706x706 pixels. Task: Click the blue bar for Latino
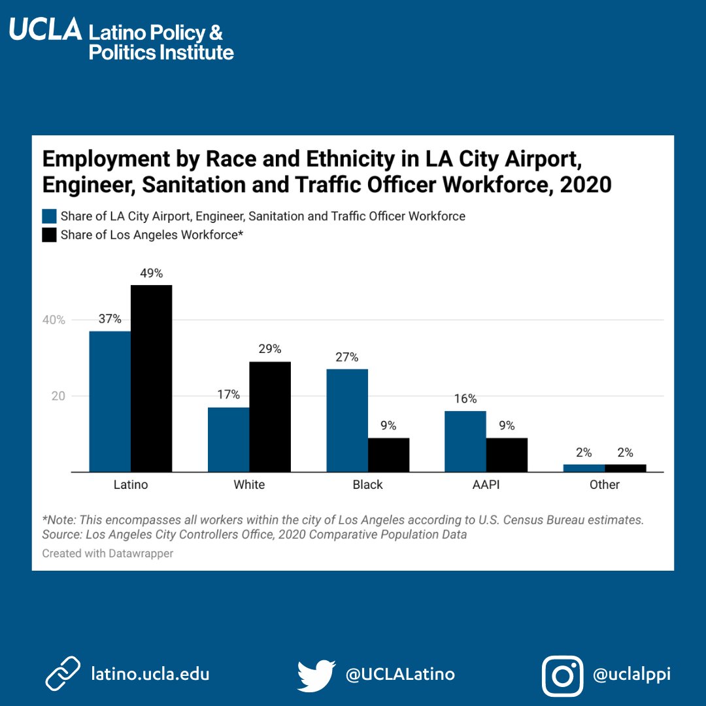(110, 401)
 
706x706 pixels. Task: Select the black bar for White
(270, 416)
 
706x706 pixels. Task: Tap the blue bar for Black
(347, 420)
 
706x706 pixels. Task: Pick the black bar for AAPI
(507, 454)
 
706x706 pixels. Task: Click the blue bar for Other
(584, 468)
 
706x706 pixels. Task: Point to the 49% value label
(151, 273)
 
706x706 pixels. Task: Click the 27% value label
(347, 358)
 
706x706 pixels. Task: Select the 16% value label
(465, 399)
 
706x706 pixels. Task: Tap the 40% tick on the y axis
(54, 320)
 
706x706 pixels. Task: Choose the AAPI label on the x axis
(486, 485)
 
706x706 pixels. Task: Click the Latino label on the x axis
(131, 485)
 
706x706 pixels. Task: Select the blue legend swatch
(50, 216)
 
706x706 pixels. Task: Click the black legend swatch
(50, 235)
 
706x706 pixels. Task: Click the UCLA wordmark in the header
(45, 29)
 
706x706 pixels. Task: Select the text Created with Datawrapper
(107, 553)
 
